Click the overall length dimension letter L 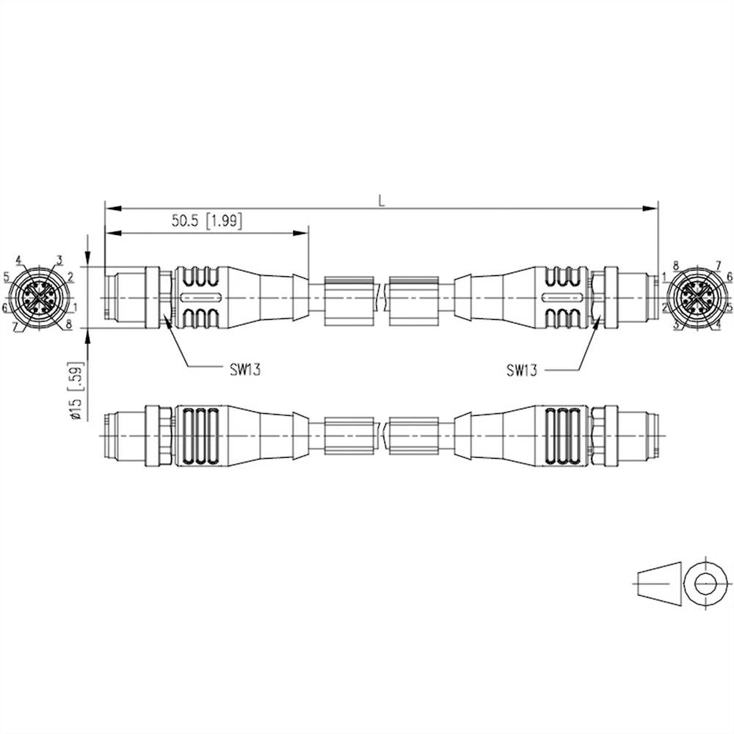coord(381,200)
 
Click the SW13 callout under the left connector coord(242,369)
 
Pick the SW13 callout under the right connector coord(522,370)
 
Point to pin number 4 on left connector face coord(18,260)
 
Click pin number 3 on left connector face coord(59,260)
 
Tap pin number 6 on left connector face coord(4,307)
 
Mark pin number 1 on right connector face coord(663,277)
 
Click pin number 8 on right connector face coord(675,264)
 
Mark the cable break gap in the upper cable coord(382,297)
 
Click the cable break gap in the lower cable coord(382,435)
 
